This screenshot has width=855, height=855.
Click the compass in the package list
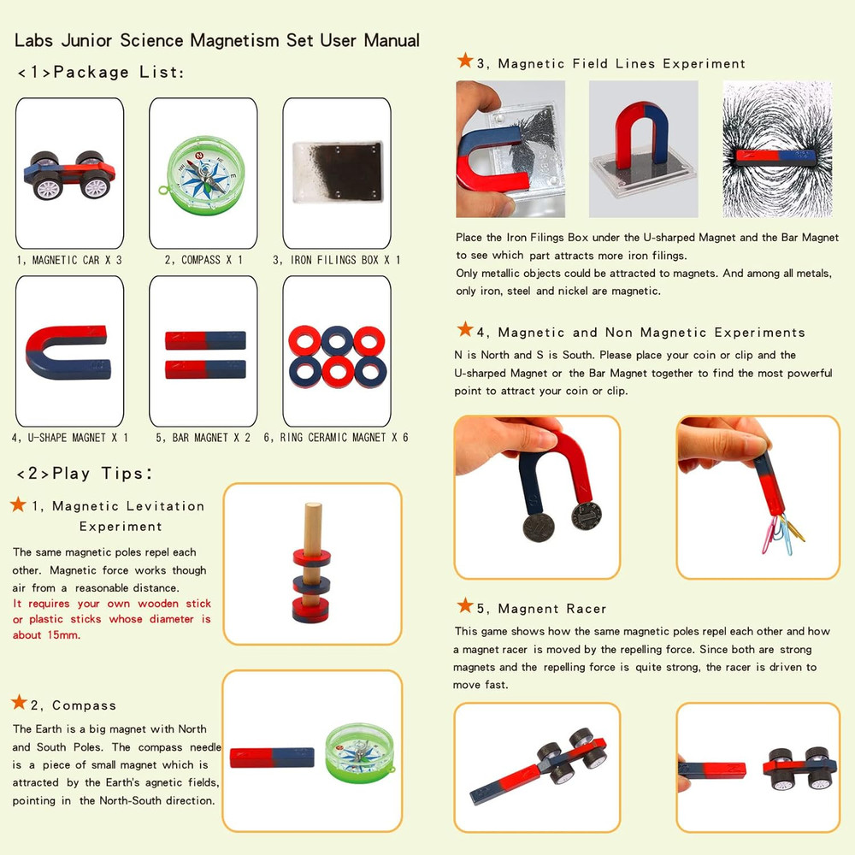pyautogui.click(x=203, y=172)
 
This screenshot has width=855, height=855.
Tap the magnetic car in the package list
pyautogui.click(x=69, y=173)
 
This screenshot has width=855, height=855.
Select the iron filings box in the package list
pyautogui.click(x=336, y=172)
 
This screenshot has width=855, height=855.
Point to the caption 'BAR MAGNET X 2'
pyautogui.click(x=203, y=437)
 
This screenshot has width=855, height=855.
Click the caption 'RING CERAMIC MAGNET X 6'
pyautogui.click(x=336, y=437)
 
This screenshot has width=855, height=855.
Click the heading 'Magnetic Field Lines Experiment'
pyautogui.click(x=622, y=63)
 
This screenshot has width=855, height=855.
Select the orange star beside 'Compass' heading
pyautogui.click(x=19, y=703)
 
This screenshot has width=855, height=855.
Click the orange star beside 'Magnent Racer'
pyautogui.click(x=465, y=606)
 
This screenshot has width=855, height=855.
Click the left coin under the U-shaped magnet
pyautogui.click(x=537, y=523)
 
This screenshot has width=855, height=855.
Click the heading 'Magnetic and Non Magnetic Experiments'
pyautogui.click(x=652, y=332)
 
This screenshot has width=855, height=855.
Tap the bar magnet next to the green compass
pyautogui.click(x=272, y=758)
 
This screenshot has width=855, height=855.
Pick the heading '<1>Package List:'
pyautogui.click(x=100, y=72)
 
